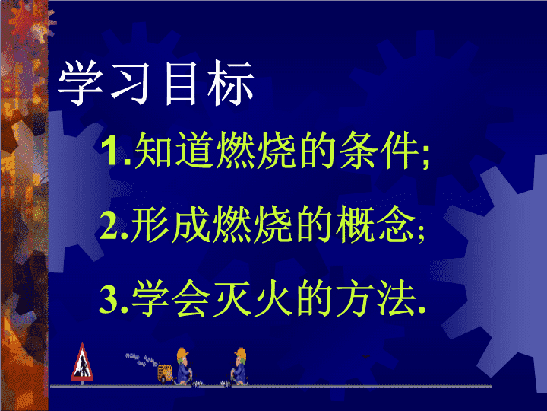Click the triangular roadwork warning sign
point(82,364)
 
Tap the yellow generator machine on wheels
point(165,373)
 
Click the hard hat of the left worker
point(182,354)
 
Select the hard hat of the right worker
point(241,355)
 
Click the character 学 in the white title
point(81,83)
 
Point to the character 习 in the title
point(130,83)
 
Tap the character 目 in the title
point(180,83)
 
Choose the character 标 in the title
point(230,83)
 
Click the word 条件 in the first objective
point(379,150)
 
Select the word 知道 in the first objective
point(173,150)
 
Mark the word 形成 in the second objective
point(171,225)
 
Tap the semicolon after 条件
point(425,158)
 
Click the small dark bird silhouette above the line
point(366,356)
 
